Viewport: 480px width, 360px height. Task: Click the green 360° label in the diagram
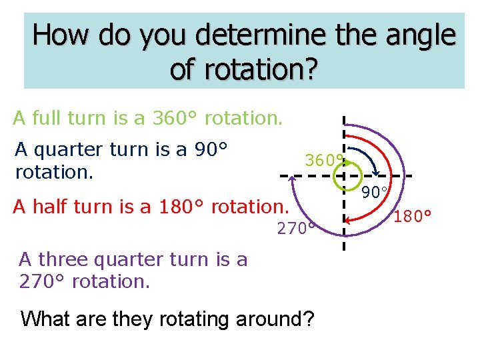click(323, 161)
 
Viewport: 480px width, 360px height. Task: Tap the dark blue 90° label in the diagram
click(376, 193)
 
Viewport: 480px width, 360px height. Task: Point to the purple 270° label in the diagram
click(295, 229)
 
